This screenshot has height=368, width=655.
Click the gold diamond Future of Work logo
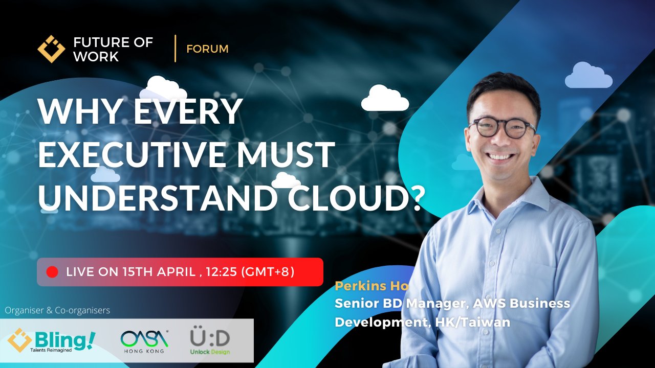(x=51, y=49)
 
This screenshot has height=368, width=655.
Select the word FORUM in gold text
(x=207, y=49)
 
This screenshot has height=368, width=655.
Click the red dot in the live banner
(x=52, y=272)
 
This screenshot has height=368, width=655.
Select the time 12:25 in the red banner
(x=222, y=272)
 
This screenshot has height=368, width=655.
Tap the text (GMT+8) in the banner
(x=268, y=272)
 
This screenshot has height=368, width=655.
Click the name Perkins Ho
(x=372, y=286)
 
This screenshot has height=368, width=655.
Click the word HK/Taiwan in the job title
(x=472, y=322)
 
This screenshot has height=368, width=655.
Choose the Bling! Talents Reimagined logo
(x=52, y=340)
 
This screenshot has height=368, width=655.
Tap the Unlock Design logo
(x=210, y=340)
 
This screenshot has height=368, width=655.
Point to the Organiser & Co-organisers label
(x=57, y=310)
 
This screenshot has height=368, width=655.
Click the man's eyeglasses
(x=503, y=128)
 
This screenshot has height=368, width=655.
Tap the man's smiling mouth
(x=500, y=156)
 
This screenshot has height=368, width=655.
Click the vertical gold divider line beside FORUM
(x=175, y=49)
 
